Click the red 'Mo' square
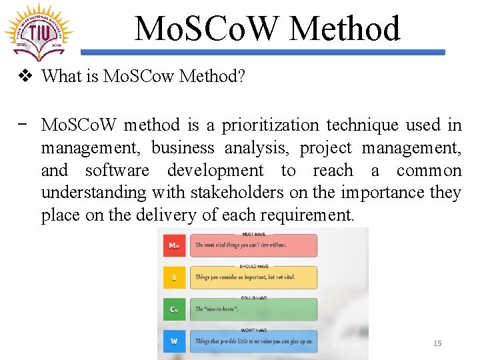point(174,245)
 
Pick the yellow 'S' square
point(174,277)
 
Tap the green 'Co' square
point(174,309)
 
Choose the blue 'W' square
point(174,341)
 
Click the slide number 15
point(437,343)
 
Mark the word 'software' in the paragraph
point(117,170)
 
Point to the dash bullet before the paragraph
point(23,124)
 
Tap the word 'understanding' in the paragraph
point(94,193)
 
